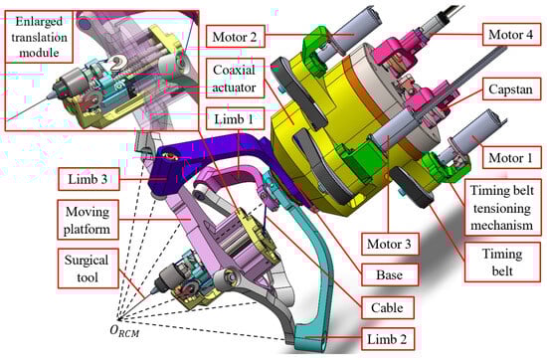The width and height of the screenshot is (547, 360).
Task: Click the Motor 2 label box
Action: pos(235,36)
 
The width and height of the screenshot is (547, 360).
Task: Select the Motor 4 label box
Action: pos(511,34)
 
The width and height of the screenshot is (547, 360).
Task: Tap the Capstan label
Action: pos(511,89)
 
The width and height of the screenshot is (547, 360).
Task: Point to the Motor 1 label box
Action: pos(511,158)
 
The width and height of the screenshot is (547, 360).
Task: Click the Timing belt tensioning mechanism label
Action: pos(502,208)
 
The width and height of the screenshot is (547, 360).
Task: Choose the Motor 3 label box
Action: pos(389,244)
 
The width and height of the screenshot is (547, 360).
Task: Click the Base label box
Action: pos(389,274)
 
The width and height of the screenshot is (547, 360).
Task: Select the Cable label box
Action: pos(387,307)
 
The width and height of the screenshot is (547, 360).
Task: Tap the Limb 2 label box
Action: pos(387,339)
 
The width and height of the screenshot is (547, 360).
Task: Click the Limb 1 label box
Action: pos(235,119)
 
